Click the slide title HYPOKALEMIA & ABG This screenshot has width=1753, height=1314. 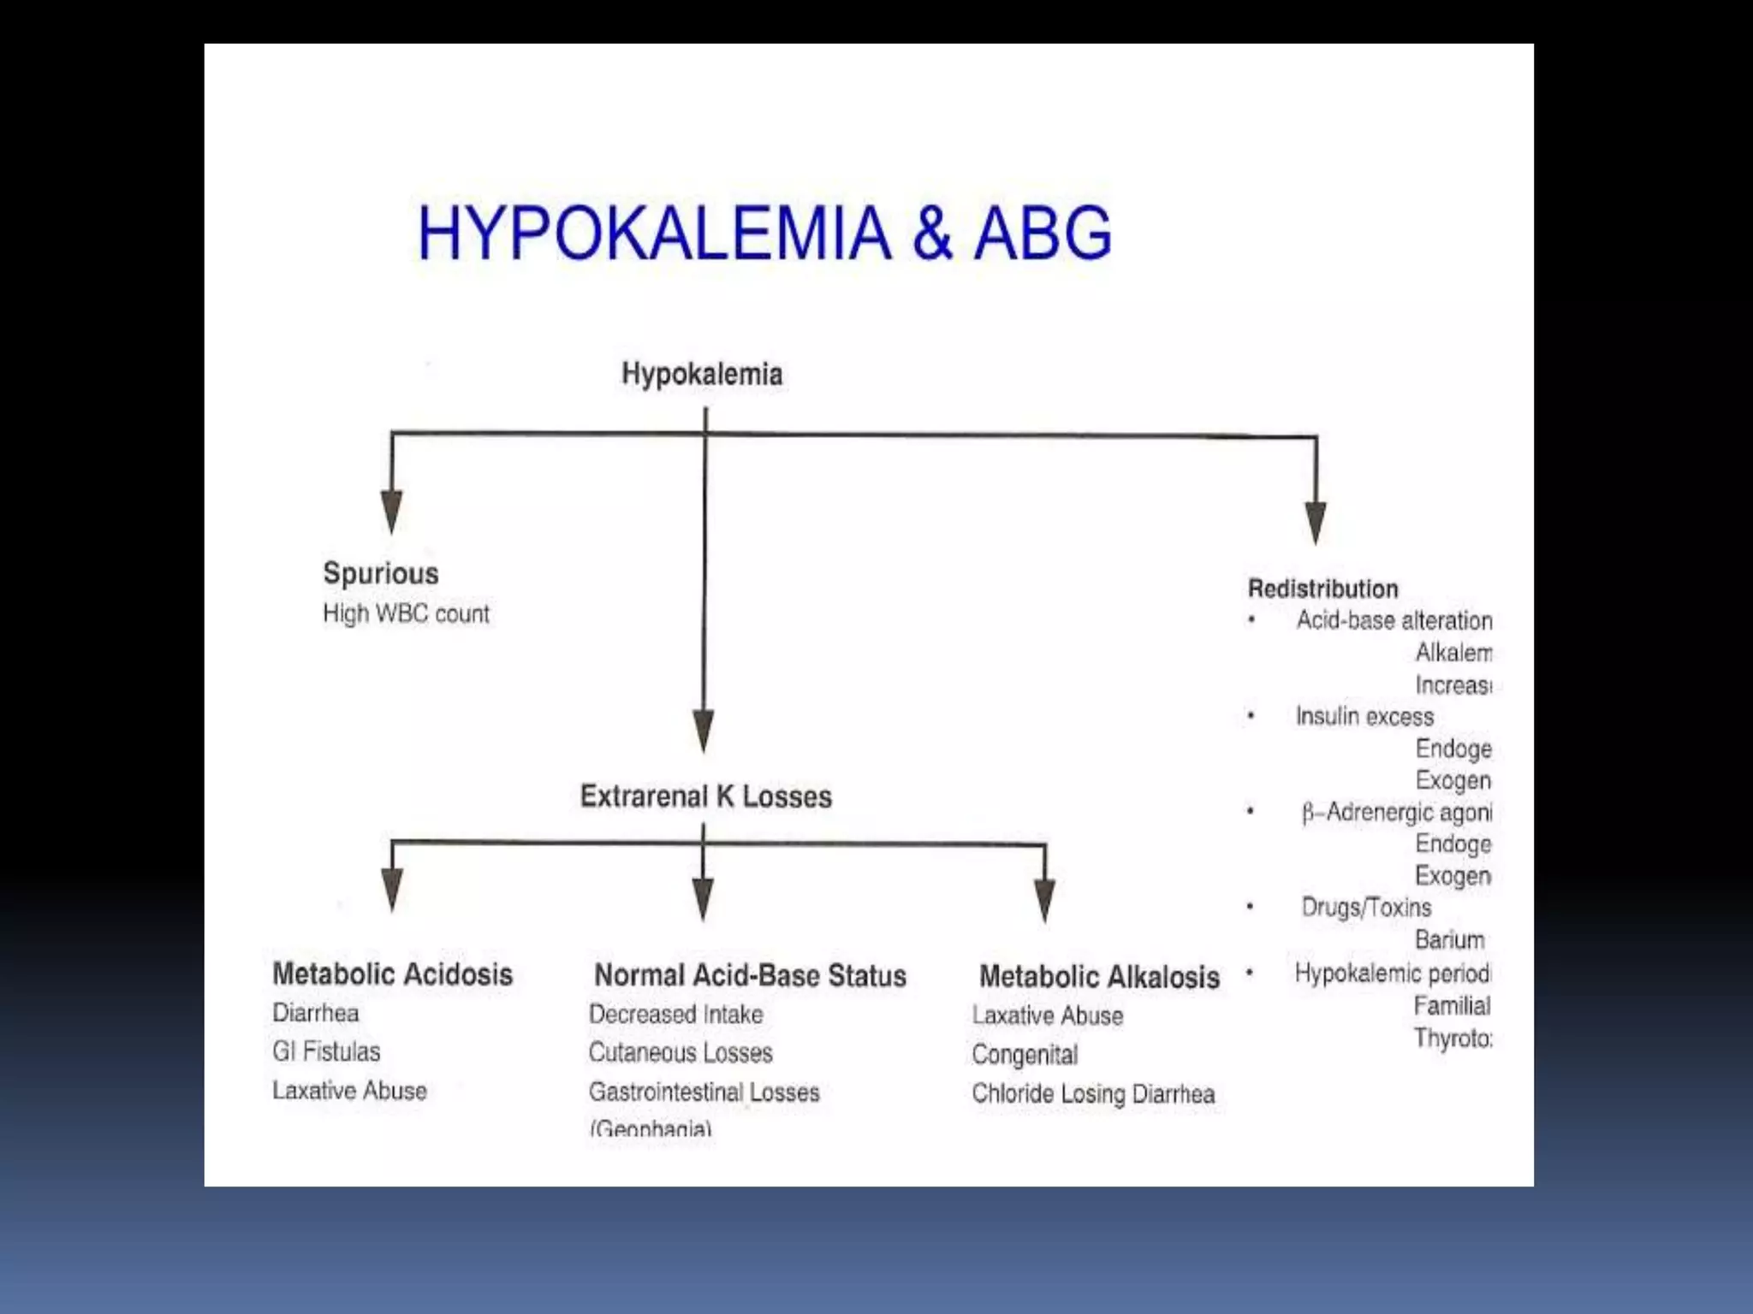tap(764, 233)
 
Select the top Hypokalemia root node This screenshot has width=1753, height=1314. tap(702, 374)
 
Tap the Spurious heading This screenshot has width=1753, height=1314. tap(381, 573)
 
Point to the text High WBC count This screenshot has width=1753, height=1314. tap(406, 613)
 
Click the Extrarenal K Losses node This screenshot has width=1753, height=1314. tap(705, 796)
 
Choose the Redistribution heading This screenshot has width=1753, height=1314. tap(1322, 589)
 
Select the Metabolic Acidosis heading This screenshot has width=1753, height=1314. tap(392, 974)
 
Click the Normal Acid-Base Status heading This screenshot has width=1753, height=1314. tap(750, 975)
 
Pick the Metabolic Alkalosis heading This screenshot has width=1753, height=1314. tap(1099, 977)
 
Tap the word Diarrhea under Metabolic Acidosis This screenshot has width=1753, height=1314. tap(316, 1013)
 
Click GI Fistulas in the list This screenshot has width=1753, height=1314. tap(326, 1051)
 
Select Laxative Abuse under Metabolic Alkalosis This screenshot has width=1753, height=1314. tap(1048, 1015)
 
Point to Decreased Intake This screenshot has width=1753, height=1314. tap(675, 1015)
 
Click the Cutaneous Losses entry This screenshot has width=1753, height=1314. tap(680, 1053)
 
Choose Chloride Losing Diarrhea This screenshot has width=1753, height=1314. tap(1093, 1094)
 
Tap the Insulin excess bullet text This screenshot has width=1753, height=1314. tap(1364, 716)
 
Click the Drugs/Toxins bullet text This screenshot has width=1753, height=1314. tap(1366, 907)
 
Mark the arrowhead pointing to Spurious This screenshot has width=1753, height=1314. tap(391, 512)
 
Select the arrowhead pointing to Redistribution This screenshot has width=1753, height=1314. tap(1316, 522)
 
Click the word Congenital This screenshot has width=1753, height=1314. tap(1025, 1055)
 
